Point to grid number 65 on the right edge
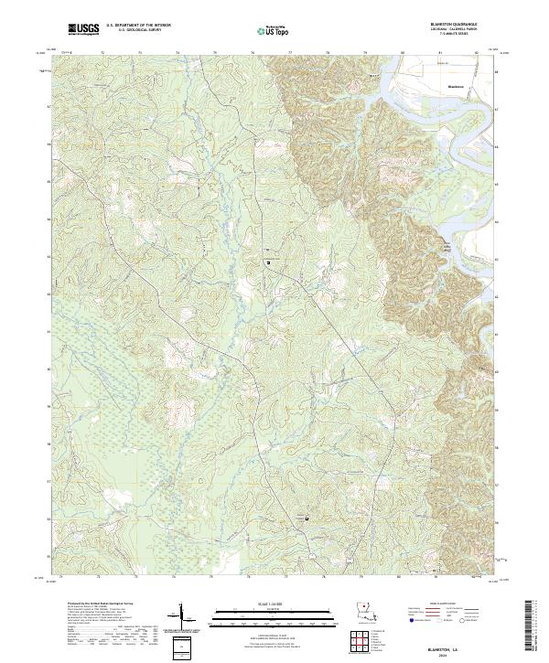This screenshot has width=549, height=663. (x=497, y=184)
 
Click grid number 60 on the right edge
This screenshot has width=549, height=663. (x=497, y=370)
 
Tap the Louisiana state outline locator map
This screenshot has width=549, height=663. (x=364, y=615)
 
